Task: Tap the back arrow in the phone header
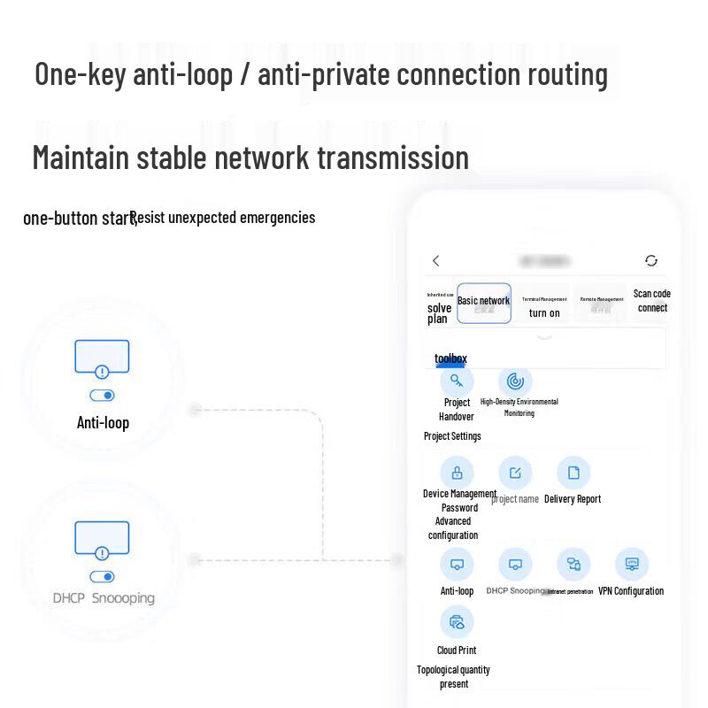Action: [435, 261]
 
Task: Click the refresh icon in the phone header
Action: [651, 261]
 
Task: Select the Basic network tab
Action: [483, 303]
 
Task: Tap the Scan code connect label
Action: [652, 301]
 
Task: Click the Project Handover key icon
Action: [457, 381]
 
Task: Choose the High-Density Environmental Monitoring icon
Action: [515, 381]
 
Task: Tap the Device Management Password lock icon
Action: [457, 472]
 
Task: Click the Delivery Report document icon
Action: [573, 472]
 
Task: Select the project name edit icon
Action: [515, 472]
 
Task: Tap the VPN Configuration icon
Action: [632, 564]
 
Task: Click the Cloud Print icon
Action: [457, 622]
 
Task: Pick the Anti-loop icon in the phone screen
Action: [457, 564]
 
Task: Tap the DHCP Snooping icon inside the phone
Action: [515, 564]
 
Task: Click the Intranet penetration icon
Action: [573, 564]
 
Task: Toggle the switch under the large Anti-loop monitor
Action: [103, 396]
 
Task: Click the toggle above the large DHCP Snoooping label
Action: [103, 577]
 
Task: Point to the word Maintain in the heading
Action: [81, 158]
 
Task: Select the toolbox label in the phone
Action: [450, 358]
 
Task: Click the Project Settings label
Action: [452, 436]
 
